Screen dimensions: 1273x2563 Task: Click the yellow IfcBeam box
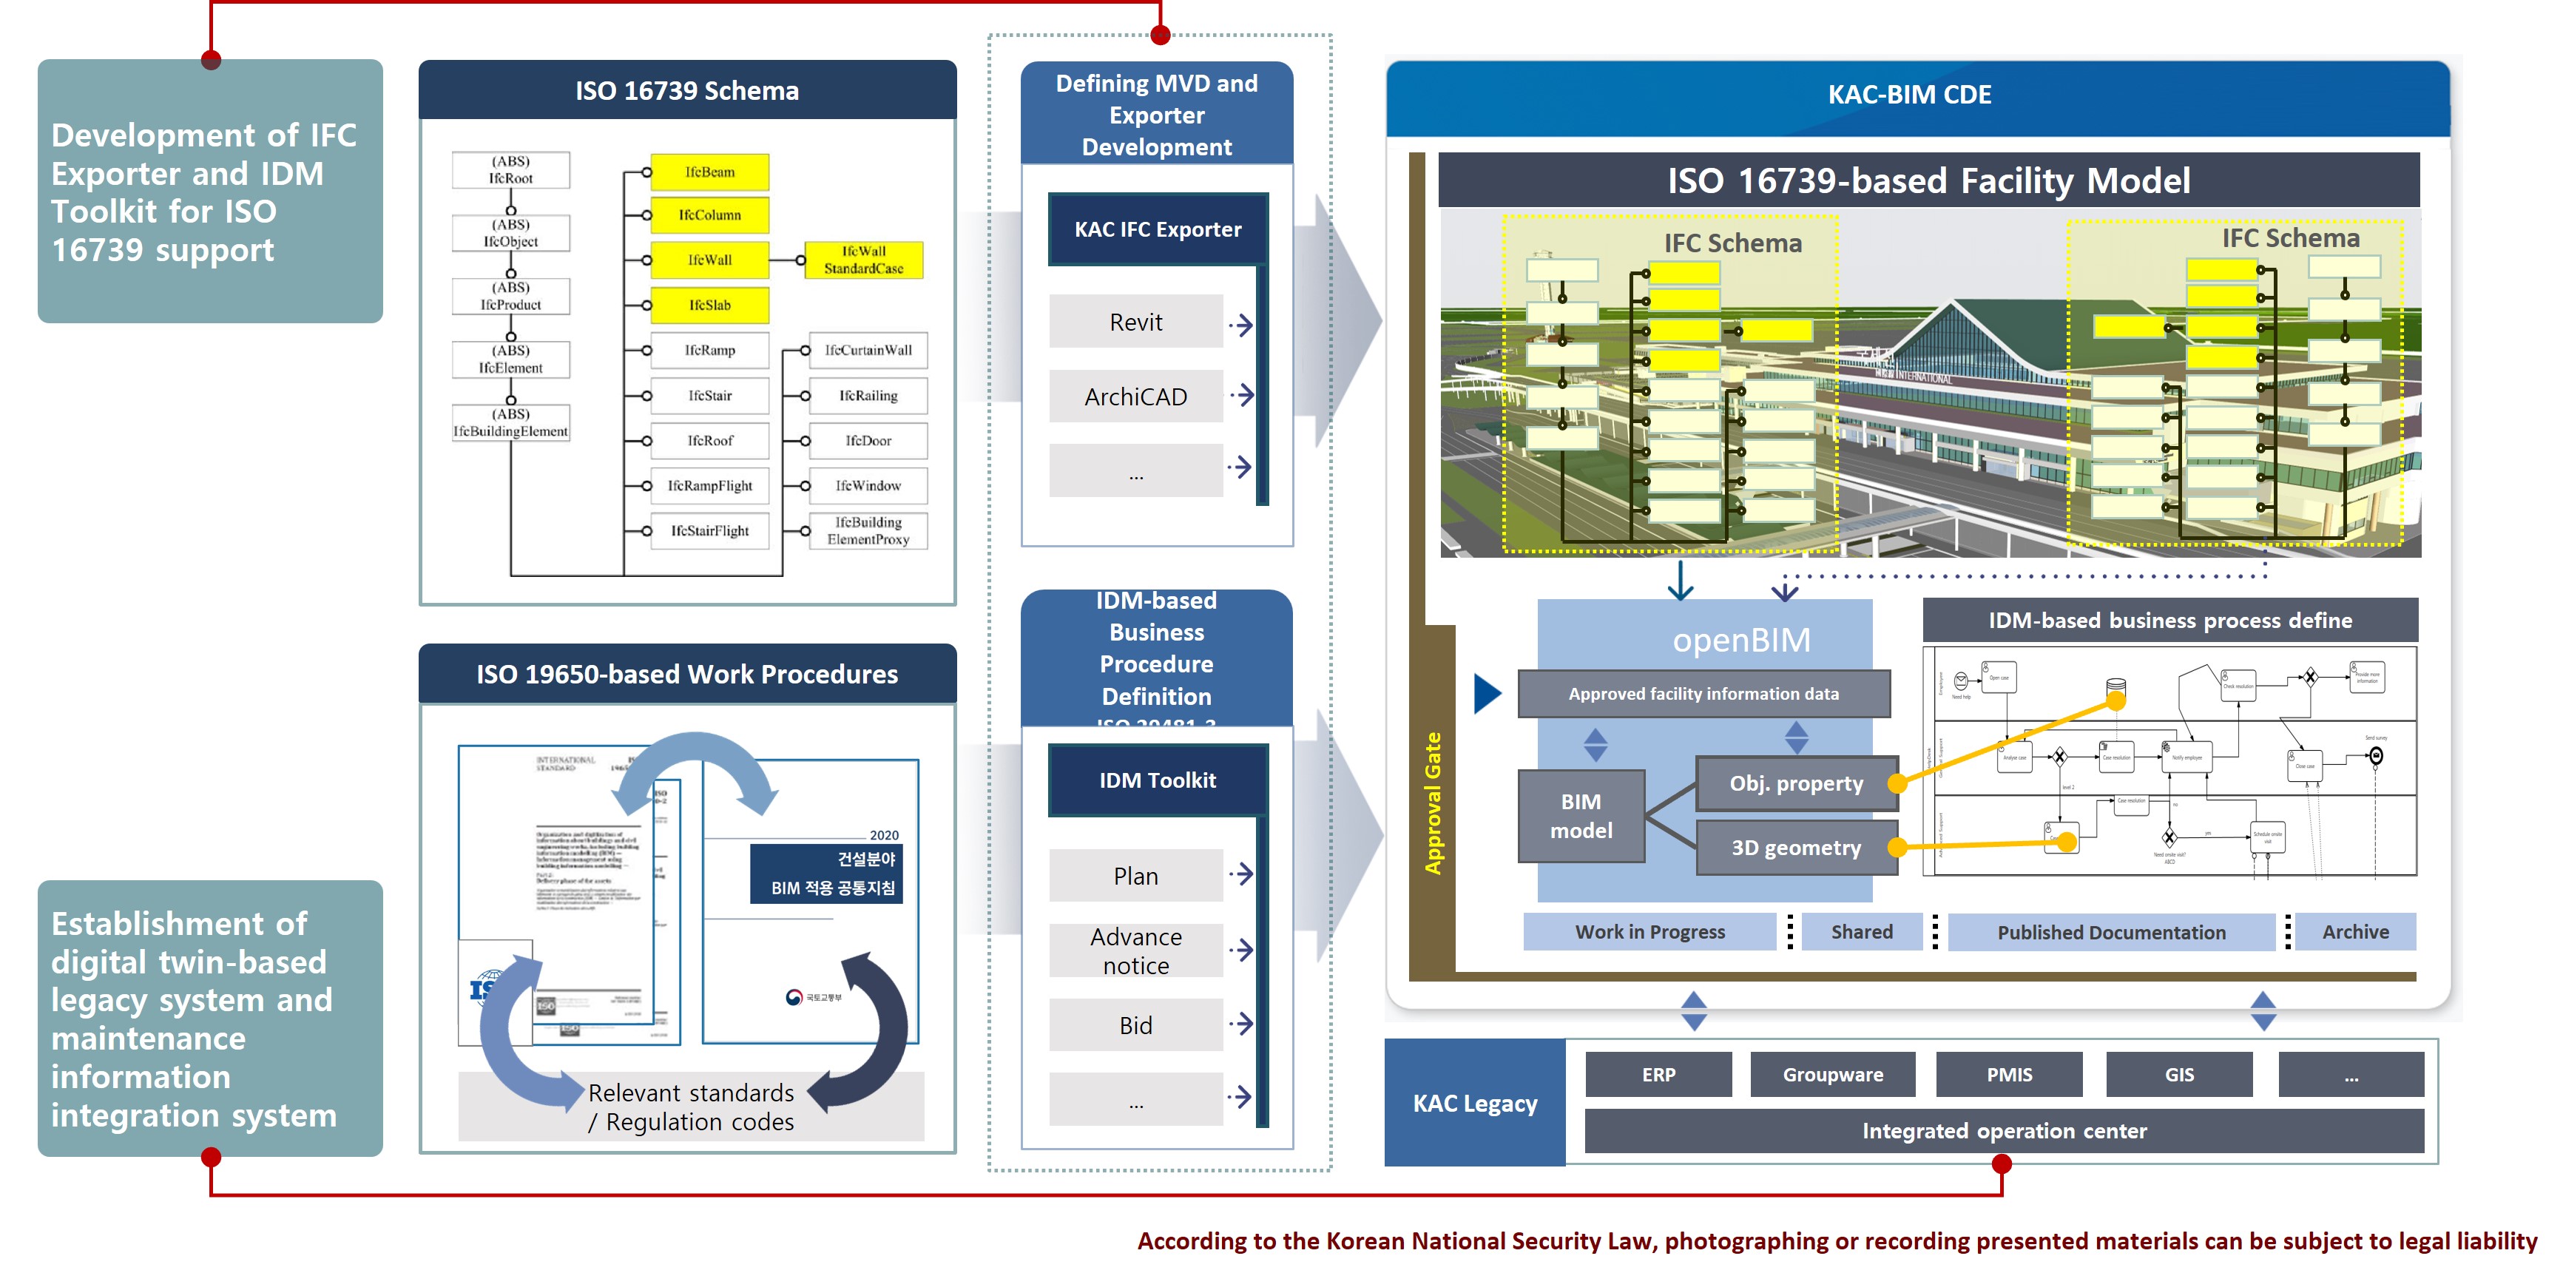(x=709, y=172)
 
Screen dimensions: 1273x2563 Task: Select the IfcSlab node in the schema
(x=709, y=305)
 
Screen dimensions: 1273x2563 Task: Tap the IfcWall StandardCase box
(x=862, y=260)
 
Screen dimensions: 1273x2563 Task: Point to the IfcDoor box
(x=868, y=441)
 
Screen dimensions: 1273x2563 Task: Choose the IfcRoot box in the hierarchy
(x=510, y=170)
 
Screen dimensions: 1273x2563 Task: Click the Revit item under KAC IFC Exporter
(x=1135, y=323)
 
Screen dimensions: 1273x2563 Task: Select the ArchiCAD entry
(x=1135, y=397)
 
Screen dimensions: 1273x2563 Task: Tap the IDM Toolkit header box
(x=1157, y=780)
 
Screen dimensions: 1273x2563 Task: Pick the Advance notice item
(x=1135, y=950)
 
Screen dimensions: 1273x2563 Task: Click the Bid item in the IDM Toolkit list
(x=1135, y=1025)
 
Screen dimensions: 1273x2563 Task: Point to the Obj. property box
(x=1796, y=783)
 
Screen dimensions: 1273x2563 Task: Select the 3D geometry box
(x=1796, y=848)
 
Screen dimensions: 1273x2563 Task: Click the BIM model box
(x=1581, y=816)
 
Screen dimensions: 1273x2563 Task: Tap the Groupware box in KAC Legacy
(x=1833, y=1075)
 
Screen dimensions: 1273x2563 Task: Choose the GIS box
(x=2179, y=1075)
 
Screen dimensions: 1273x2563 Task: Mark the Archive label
(x=2355, y=931)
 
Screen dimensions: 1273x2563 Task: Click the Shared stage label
(x=1862, y=931)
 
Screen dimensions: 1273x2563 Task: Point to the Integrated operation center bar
(x=2004, y=1131)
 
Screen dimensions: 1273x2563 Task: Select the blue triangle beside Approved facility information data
(x=1487, y=694)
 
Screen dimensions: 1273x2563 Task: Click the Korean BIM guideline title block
(x=825, y=873)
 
